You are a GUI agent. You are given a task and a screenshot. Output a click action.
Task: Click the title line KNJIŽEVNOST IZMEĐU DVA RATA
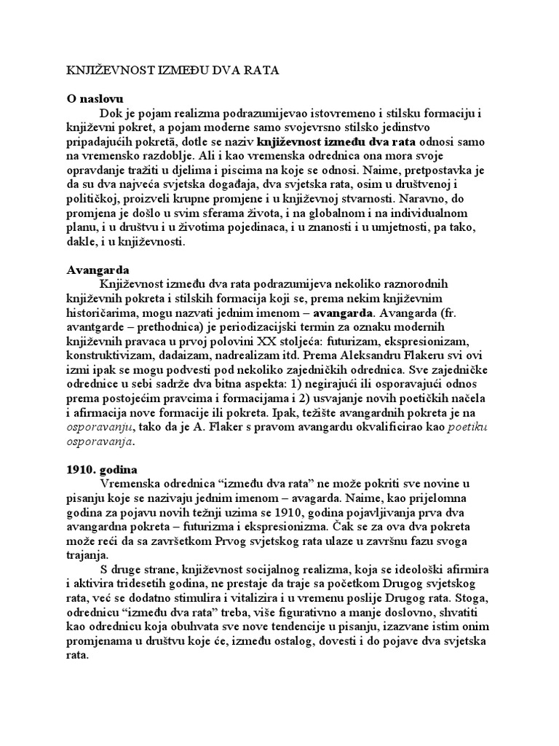[167, 71]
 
